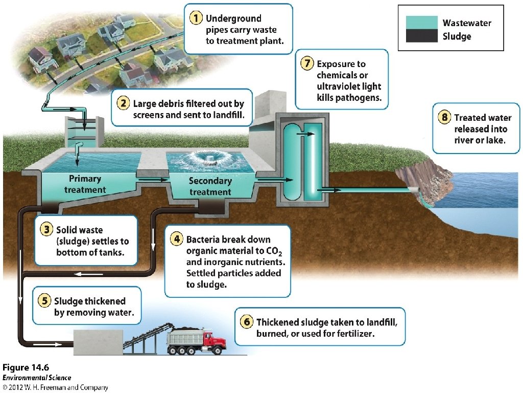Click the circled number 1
[196, 18]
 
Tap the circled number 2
[123, 103]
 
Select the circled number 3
[46, 230]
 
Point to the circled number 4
[176, 239]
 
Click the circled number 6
[246, 322]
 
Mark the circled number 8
[444, 117]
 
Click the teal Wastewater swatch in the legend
[422, 23]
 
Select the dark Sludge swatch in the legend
[422, 36]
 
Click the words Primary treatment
[85, 184]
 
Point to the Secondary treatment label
[210, 186]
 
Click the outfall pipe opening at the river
[416, 190]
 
